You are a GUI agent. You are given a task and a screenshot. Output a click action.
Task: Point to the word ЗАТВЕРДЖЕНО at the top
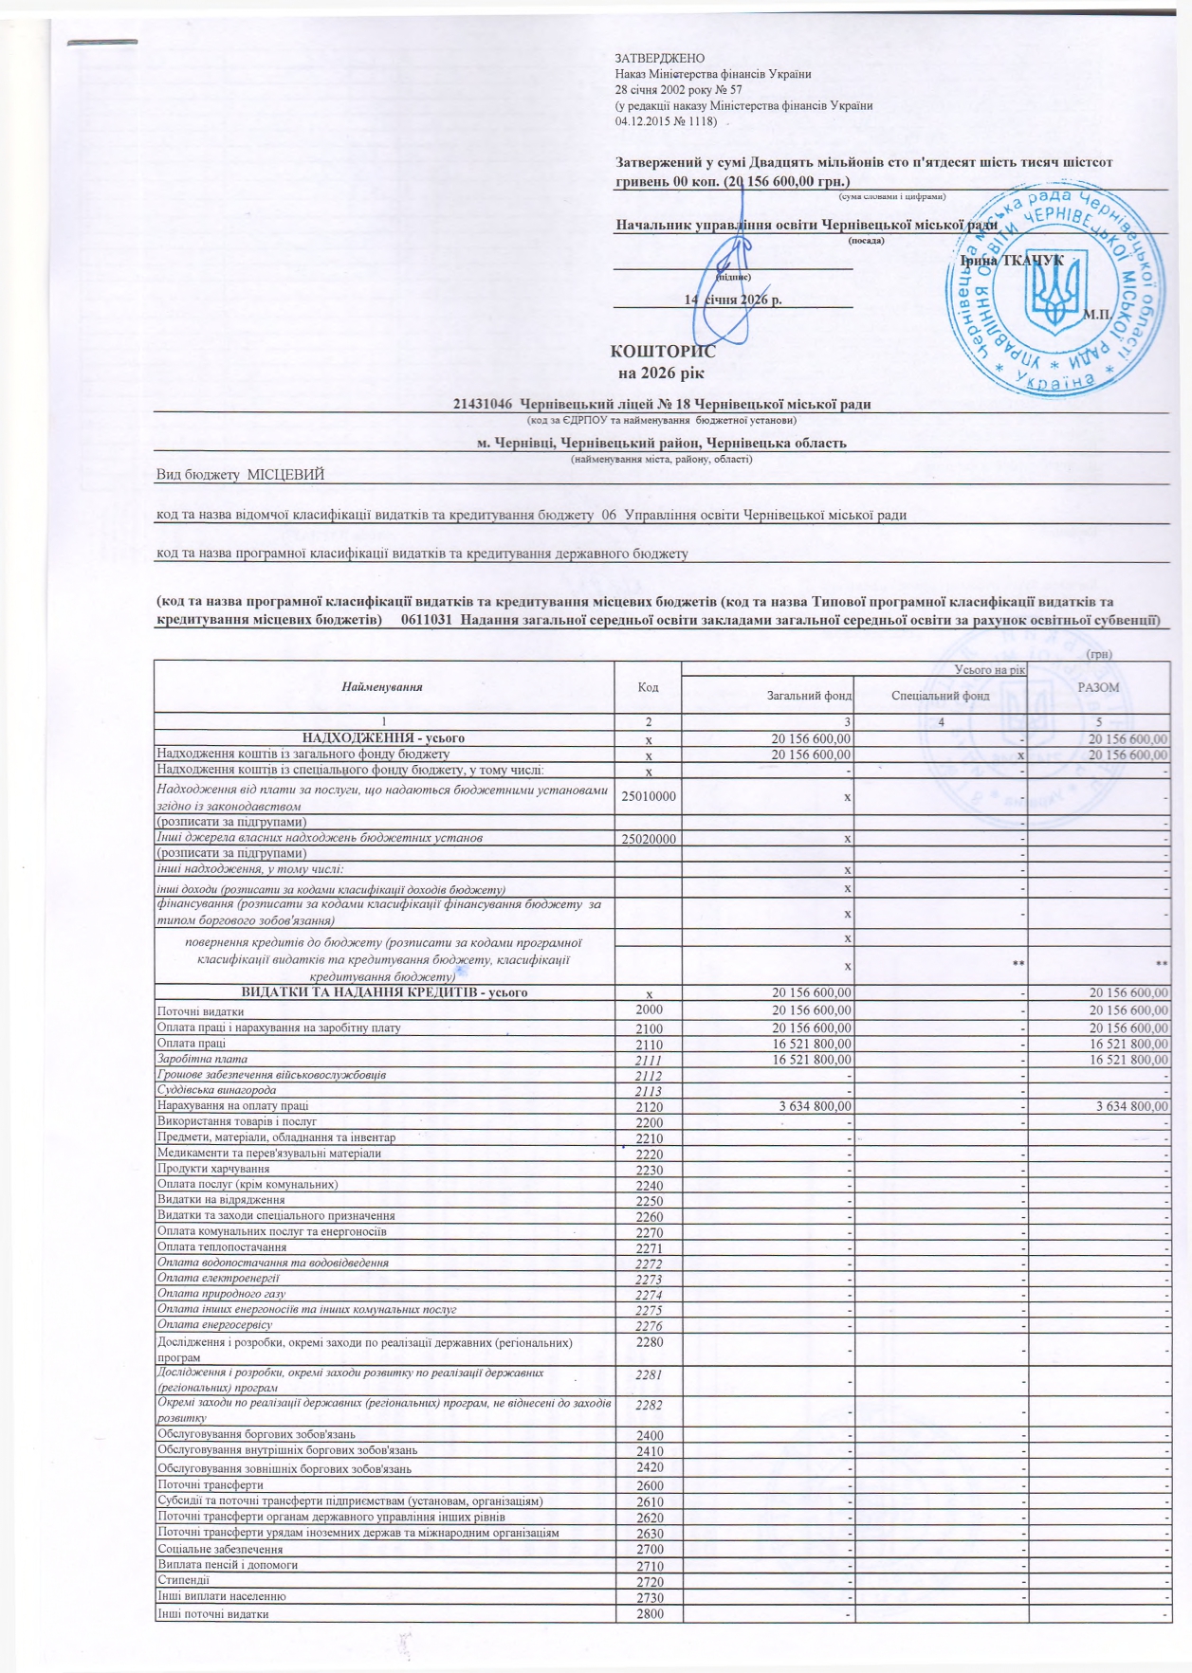(x=659, y=59)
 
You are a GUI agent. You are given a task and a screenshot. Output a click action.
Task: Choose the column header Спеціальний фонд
(x=940, y=696)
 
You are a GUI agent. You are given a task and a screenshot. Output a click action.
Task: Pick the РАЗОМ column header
(x=1099, y=686)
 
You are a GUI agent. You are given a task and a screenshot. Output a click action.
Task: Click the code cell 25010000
(x=648, y=796)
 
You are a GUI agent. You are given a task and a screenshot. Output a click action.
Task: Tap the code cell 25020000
(x=648, y=839)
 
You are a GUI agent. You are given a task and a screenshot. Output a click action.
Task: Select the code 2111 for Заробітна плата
(x=649, y=1060)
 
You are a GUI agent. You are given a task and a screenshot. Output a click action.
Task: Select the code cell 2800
(x=649, y=1614)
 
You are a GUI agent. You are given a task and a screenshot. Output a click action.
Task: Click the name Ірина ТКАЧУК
(x=1011, y=260)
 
